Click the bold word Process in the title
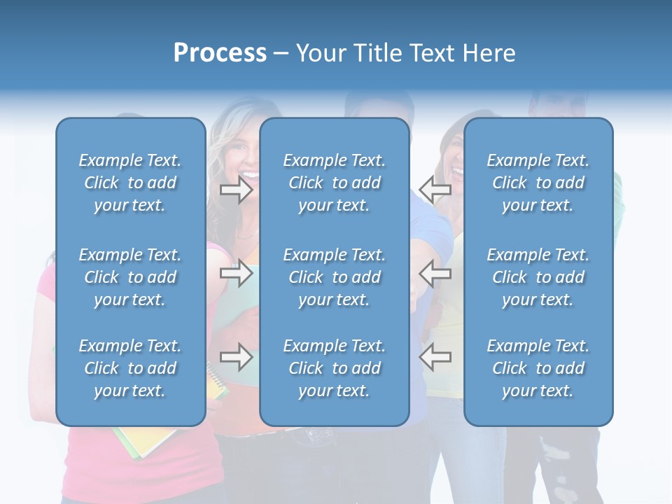point(220,53)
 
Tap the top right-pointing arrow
point(237,190)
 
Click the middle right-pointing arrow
point(237,274)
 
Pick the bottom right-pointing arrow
point(237,358)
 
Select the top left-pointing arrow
point(435,188)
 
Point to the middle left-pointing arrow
point(435,274)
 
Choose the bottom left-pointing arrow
point(435,358)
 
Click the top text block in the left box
point(130,183)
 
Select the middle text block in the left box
point(130,277)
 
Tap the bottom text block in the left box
point(130,368)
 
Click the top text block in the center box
point(335,183)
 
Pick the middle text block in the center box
point(335,277)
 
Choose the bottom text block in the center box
point(335,368)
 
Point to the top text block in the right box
point(538,183)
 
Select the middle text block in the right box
point(538,277)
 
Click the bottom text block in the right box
point(538,368)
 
